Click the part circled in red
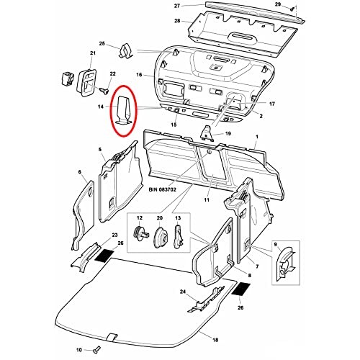125,110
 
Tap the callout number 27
177,6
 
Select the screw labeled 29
292,9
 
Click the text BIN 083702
163,189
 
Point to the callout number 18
215,340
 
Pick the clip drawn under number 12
140,233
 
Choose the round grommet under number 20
160,238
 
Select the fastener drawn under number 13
178,236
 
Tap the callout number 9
275,244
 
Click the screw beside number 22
104,91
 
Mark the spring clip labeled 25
125,51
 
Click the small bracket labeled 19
207,133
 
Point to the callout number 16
139,75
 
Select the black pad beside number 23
104,255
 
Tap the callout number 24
183,292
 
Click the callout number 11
207,199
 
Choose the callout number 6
80,172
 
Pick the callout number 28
177,21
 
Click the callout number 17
272,104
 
